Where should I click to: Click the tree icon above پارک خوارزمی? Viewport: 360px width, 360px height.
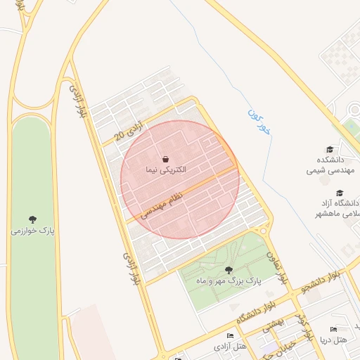pos(32,219)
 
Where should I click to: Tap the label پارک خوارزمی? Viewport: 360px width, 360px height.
pos(33,230)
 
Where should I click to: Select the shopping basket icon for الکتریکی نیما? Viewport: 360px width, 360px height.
pos(165,159)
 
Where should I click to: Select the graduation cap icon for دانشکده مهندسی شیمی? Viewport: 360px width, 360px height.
pos(330,149)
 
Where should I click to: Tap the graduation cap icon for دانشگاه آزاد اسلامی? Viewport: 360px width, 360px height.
pos(340,192)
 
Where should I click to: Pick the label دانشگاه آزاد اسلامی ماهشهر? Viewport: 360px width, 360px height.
pos(336,207)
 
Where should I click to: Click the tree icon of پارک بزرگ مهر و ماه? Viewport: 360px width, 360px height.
pos(227,269)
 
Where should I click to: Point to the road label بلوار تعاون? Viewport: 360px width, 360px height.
pos(276,268)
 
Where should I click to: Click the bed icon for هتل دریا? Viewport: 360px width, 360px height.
pos(333,329)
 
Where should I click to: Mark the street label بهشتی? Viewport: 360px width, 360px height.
pos(273,324)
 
